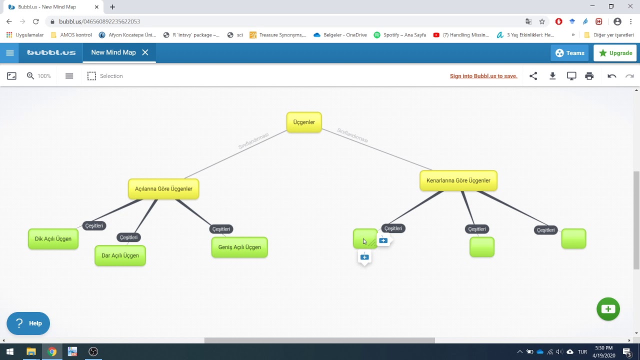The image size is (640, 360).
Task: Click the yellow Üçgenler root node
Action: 304,122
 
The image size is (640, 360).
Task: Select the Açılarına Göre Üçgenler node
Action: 163,189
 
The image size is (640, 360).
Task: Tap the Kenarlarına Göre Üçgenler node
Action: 458,180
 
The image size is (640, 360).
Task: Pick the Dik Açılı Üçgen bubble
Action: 53,239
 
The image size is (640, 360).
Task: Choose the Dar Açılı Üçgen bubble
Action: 120,255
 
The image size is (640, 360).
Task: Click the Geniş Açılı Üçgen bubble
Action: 239,247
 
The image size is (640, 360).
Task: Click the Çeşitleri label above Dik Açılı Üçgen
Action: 94,225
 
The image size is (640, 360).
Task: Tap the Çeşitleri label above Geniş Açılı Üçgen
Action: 221,229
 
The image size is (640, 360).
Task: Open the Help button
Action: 28,323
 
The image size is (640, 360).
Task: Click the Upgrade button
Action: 615,53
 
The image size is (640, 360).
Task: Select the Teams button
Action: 569,53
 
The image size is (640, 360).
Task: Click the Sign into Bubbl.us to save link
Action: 483,76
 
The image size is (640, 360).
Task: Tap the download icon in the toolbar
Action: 552,76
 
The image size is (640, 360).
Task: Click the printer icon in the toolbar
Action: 589,76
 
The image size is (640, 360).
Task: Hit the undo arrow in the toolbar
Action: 611,76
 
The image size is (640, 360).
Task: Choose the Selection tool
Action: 105,76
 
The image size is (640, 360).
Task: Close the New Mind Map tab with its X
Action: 145,52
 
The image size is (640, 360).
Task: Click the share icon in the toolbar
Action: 533,76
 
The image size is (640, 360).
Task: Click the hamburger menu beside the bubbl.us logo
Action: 10,53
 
